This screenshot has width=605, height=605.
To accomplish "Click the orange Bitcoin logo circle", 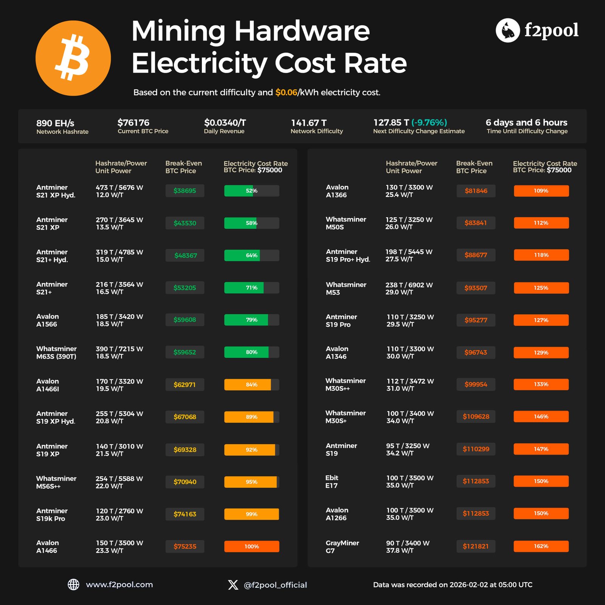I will click(73, 58).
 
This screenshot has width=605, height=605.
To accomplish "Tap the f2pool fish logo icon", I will click(507, 30).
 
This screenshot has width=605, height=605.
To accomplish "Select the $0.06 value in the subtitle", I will click(286, 92).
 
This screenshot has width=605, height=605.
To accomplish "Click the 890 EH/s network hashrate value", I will click(55, 123).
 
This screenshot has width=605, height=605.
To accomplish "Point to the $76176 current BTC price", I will click(133, 123).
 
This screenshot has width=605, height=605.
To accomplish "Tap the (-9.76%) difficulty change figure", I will click(429, 123).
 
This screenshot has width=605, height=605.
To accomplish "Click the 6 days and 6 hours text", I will click(526, 123).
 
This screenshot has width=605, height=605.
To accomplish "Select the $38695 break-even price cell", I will click(185, 191).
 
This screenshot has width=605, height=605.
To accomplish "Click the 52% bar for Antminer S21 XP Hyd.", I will click(251, 191).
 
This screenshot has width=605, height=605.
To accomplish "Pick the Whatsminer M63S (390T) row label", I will click(56, 352).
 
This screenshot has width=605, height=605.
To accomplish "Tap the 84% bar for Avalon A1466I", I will click(251, 385).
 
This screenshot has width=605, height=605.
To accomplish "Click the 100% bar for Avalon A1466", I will click(251, 546).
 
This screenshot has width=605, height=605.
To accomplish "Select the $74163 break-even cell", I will click(185, 514).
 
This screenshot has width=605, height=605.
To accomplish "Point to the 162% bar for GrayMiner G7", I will click(541, 546).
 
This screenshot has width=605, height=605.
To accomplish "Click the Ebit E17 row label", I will click(332, 481).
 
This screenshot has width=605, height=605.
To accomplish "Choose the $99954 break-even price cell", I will click(476, 384).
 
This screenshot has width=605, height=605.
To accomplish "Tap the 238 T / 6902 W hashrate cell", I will click(409, 285).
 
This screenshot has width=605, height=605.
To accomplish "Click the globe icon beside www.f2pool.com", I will click(73, 585).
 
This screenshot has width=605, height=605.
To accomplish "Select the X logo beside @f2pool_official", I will click(233, 585).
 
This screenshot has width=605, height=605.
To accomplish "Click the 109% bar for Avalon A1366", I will click(541, 191).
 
